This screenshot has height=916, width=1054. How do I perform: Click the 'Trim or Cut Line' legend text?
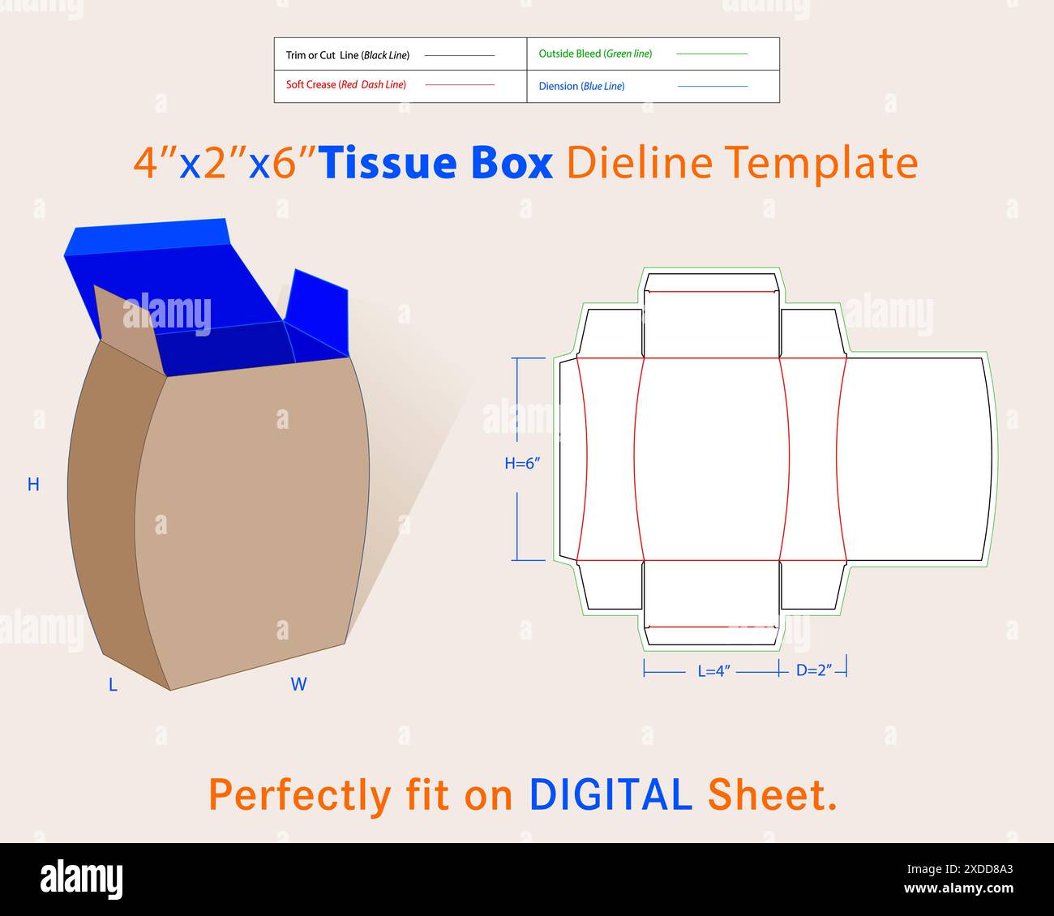click(x=347, y=55)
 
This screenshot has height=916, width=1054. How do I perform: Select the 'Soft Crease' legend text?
click(x=346, y=84)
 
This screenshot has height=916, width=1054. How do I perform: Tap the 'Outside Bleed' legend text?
click(x=595, y=54)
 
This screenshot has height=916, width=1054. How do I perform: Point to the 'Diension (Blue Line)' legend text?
click(x=581, y=86)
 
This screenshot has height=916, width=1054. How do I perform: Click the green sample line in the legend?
click(x=711, y=54)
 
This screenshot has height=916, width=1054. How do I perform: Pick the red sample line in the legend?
click(x=459, y=84)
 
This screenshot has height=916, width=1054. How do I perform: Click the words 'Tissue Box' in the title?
click(x=436, y=162)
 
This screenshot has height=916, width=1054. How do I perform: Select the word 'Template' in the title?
click(x=820, y=162)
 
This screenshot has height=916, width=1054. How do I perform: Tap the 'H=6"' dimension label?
click(x=522, y=463)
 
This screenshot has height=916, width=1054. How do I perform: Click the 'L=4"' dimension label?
click(x=714, y=671)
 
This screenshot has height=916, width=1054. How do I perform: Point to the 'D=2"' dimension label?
click(x=814, y=671)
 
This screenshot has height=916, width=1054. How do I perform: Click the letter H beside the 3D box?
click(x=33, y=485)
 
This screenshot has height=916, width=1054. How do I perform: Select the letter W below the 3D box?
click(x=298, y=685)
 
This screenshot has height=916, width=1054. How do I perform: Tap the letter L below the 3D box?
click(x=113, y=685)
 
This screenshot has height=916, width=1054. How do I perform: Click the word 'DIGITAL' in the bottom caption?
click(x=610, y=794)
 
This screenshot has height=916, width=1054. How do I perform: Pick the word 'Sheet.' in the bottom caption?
click(x=772, y=794)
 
